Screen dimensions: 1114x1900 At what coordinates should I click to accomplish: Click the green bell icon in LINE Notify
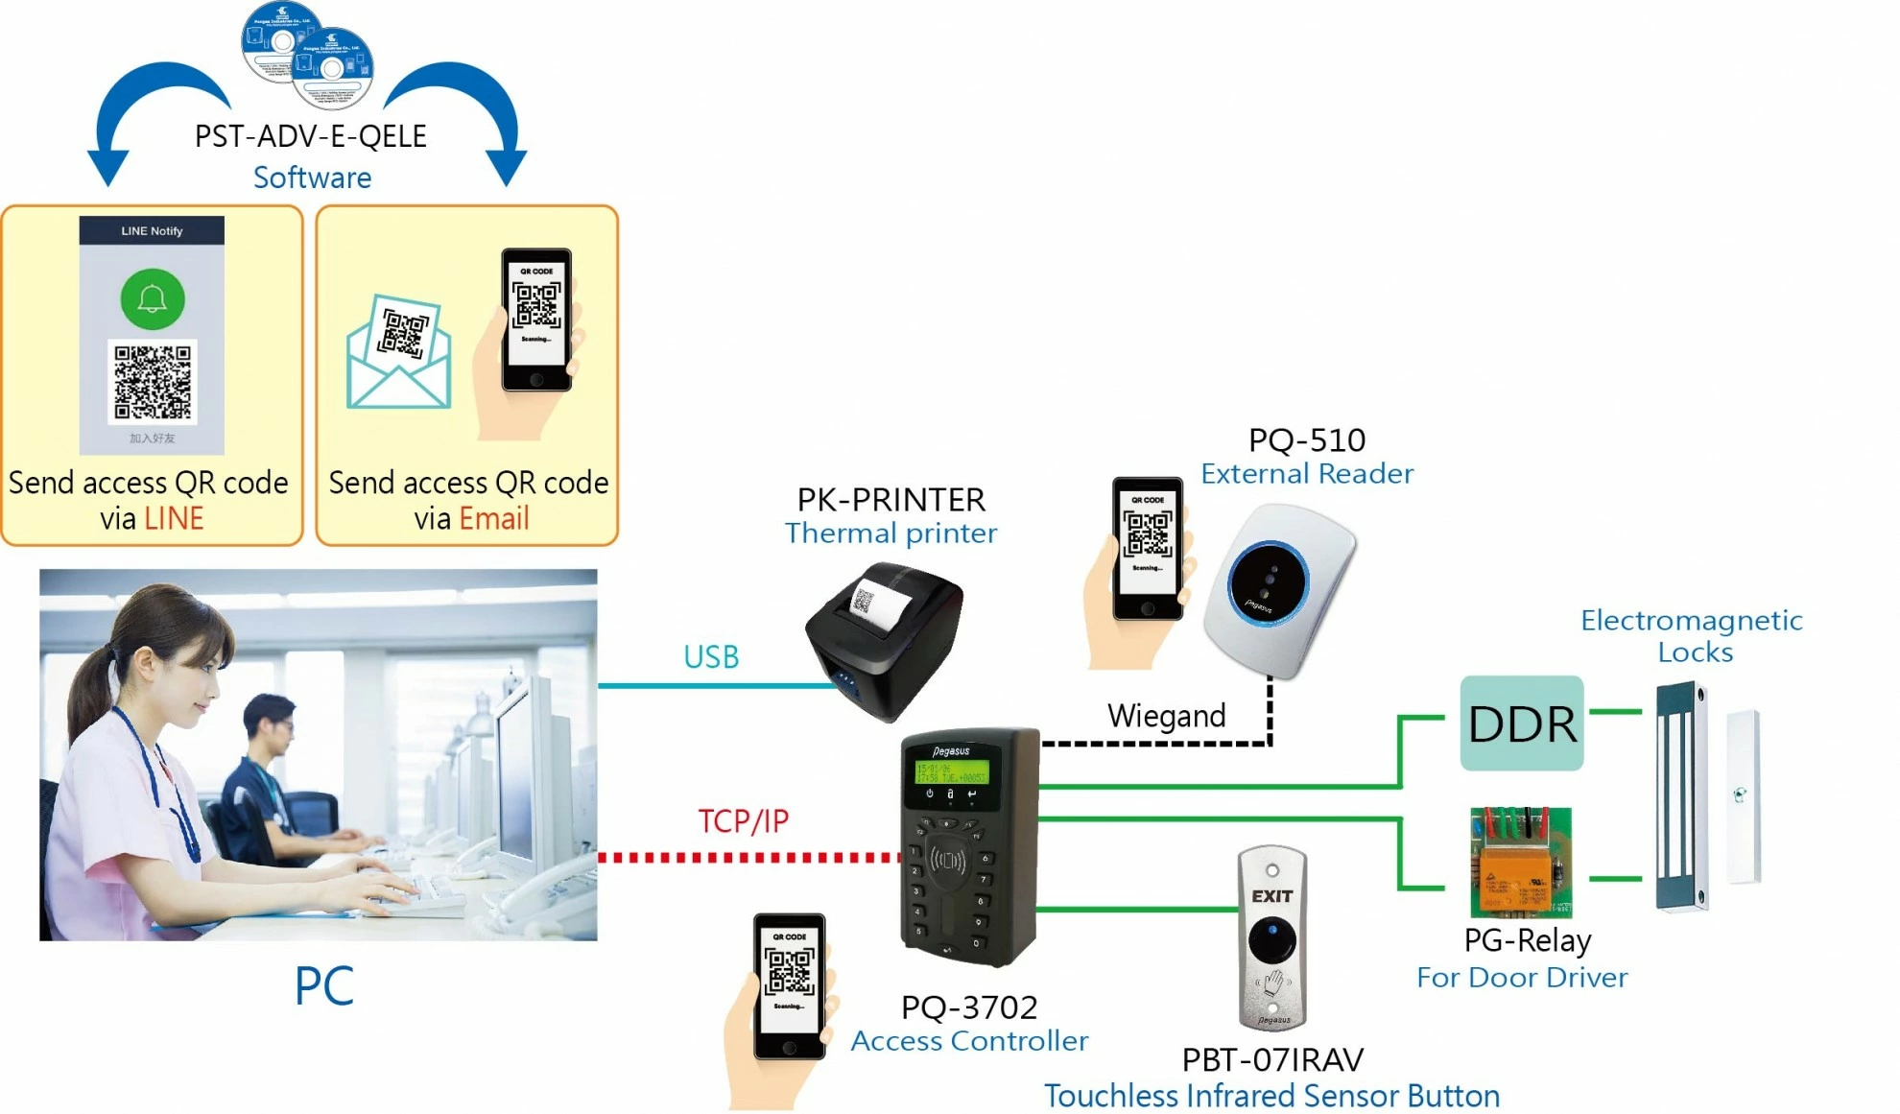[x=153, y=299]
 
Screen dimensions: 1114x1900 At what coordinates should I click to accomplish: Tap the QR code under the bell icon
[x=153, y=382]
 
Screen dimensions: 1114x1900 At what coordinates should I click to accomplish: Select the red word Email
[x=494, y=519]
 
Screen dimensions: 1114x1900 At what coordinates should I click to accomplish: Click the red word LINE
[x=174, y=519]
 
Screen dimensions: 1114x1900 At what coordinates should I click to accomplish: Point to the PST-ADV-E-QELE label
[x=311, y=136]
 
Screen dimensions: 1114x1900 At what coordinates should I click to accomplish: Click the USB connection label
[x=711, y=657]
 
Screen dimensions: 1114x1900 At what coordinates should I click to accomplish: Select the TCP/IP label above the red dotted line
[x=743, y=821]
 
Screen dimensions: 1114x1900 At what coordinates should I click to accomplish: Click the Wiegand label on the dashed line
[x=1166, y=716]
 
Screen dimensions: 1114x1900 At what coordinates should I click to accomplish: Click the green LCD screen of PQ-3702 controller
[x=950, y=772]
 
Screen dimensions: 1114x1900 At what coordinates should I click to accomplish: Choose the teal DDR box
[x=1522, y=723]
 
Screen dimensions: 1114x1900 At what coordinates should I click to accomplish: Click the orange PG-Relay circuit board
[x=1521, y=862]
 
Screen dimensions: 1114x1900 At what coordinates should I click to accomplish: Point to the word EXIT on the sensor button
[x=1271, y=896]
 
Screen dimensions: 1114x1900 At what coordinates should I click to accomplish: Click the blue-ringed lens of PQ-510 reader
[x=1268, y=582]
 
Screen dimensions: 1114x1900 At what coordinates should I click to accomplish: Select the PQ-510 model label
[x=1306, y=440]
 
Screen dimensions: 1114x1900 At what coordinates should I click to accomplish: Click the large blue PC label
[x=323, y=985]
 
